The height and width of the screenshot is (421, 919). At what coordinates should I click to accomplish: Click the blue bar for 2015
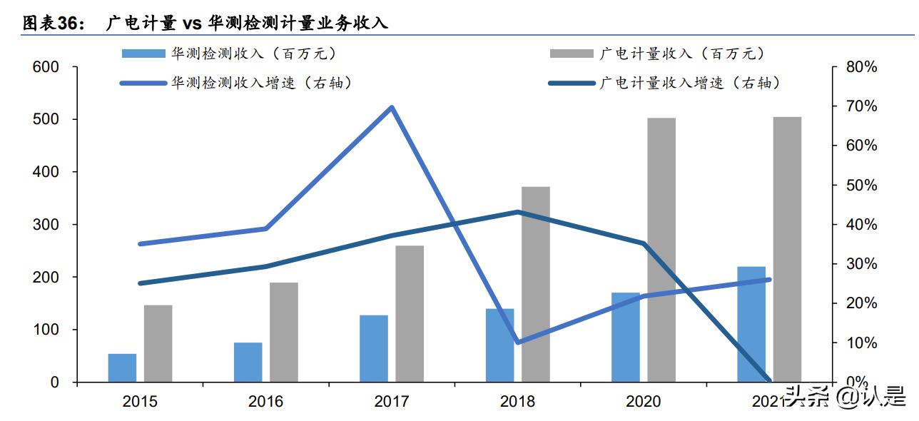coord(122,367)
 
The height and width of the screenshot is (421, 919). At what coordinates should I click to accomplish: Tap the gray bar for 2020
coord(661,250)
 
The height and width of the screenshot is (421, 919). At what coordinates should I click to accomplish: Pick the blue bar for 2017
coord(374,348)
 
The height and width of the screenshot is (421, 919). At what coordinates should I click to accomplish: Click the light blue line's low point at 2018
coord(517,343)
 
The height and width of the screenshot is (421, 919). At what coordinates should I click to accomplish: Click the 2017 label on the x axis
coord(392,401)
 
